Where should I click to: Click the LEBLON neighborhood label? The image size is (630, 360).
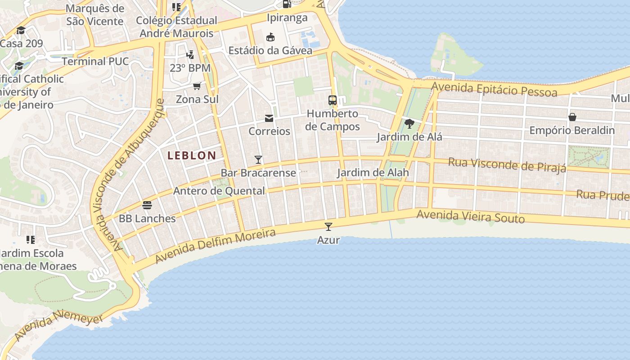(x=192, y=156)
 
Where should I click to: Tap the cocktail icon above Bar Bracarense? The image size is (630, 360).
(x=258, y=159)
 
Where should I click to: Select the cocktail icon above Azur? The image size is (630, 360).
(x=328, y=226)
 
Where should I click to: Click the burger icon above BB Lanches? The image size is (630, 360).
(x=147, y=205)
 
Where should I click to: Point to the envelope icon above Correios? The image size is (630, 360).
(x=269, y=118)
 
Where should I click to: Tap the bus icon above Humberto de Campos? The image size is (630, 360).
(x=333, y=100)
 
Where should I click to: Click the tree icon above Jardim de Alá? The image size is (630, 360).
(x=409, y=123)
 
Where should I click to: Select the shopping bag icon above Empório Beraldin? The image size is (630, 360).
(x=572, y=117)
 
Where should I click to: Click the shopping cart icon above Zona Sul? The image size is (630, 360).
(x=197, y=86)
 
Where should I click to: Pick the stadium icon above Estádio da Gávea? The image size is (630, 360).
(x=270, y=37)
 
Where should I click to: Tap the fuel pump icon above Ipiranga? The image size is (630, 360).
(x=287, y=4)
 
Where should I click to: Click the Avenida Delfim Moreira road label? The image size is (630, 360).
(x=215, y=246)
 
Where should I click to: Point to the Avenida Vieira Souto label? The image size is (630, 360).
(x=470, y=216)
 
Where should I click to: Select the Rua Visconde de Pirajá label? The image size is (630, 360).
(x=507, y=165)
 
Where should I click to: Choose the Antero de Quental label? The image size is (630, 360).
(x=219, y=191)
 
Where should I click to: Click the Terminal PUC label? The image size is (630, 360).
(x=95, y=61)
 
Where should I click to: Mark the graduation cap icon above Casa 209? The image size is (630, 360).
(x=21, y=31)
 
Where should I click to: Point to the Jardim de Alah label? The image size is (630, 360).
(x=373, y=172)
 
